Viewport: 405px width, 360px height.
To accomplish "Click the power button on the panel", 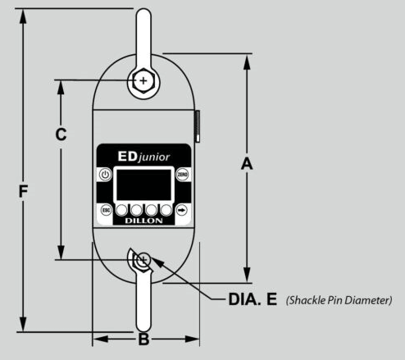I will tap(104, 175).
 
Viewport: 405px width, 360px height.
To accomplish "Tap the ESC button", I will tap(105, 209).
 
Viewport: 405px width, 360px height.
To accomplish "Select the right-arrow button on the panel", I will tap(182, 209).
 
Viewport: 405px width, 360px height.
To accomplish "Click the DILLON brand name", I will tap(143, 221).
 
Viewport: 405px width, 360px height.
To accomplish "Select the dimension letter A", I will tap(246, 164).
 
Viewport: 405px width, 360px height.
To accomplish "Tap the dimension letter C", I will tap(61, 135).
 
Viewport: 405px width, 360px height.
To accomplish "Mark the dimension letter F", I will tap(24, 191).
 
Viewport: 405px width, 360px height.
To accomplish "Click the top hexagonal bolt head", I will tap(143, 80).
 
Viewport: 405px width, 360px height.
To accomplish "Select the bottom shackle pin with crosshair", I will tap(143, 261).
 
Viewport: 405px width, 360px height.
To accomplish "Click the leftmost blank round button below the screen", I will tap(122, 209).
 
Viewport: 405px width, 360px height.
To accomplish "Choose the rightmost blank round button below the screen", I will tap(165, 209).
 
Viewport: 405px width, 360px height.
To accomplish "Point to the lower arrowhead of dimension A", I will tap(247, 279).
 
